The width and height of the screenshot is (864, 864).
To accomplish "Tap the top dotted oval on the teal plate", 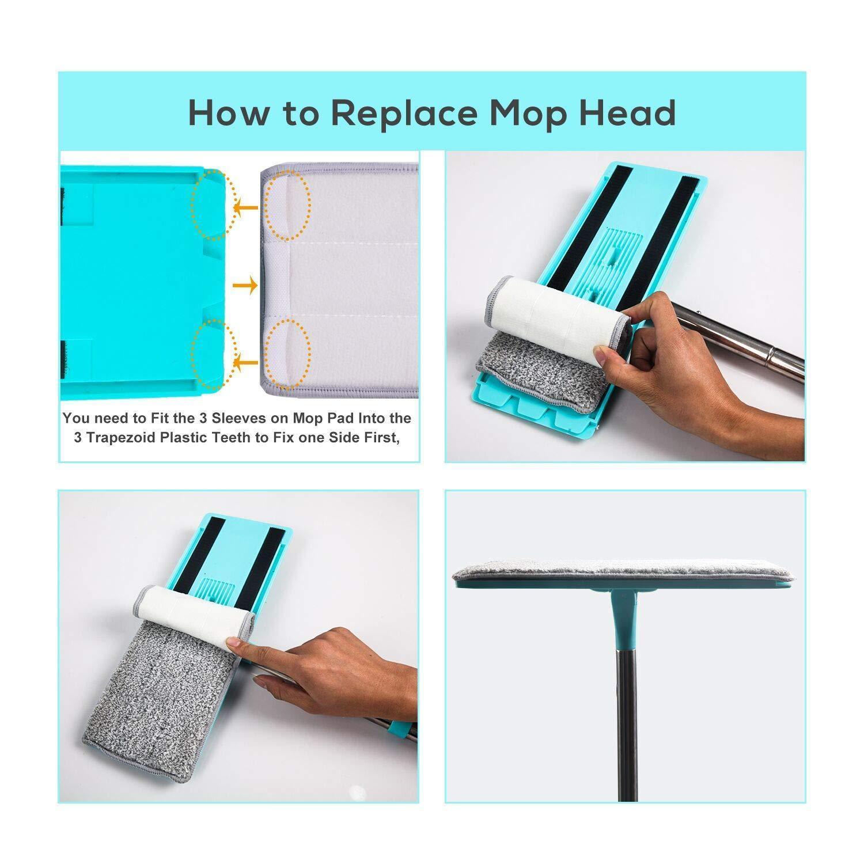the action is point(214,205).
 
